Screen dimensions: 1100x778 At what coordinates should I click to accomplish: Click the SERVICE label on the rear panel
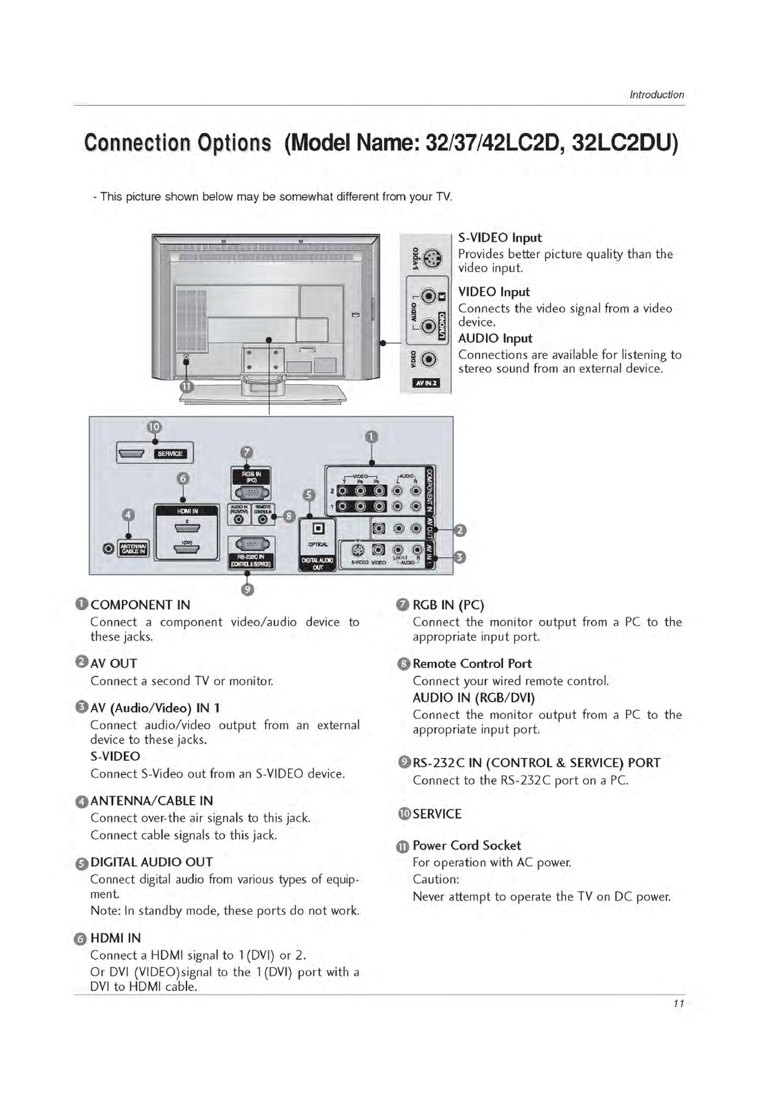[x=170, y=454]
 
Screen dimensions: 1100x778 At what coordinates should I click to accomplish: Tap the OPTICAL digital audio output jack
[x=318, y=528]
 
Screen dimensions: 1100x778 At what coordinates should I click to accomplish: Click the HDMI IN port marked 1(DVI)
[x=187, y=550]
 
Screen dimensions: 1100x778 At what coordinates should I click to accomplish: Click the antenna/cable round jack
[x=108, y=547]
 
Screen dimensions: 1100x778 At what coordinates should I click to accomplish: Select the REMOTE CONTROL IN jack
[x=263, y=519]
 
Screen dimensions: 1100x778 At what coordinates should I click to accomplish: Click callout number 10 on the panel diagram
[x=154, y=427]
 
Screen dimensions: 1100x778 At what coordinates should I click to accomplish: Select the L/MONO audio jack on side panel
[x=429, y=325]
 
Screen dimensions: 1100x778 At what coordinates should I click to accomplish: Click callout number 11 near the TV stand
[x=187, y=386]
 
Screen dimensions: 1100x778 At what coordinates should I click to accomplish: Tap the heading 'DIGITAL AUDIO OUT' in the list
[x=152, y=862]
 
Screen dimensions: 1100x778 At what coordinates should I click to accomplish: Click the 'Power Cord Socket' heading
[x=466, y=845]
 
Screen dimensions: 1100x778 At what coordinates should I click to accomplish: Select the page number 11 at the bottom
[x=678, y=1003]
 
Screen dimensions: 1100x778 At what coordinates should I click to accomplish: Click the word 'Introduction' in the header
[x=656, y=95]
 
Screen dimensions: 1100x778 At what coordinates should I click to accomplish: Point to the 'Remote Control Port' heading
[x=472, y=664]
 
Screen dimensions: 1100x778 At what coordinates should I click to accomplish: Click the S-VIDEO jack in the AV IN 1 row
[x=358, y=550]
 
